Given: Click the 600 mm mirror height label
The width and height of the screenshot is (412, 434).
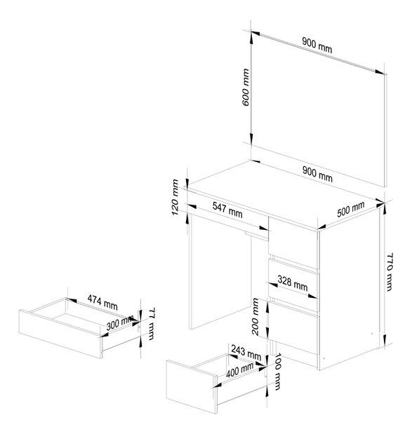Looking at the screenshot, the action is click(x=246, y=87).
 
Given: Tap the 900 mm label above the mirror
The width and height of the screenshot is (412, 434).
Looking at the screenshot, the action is click(x=317, y=46).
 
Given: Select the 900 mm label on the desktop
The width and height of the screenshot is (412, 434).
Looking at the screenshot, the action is click(x=317, y=175).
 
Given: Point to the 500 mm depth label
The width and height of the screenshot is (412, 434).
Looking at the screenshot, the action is click(x=350, y=209).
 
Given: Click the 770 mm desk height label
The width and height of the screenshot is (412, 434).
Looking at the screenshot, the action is click(x=390, y=271).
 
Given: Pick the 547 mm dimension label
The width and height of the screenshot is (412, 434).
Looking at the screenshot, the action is click(x=227, y=210).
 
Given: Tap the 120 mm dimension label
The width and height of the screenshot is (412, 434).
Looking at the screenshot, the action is click(x=175, y=197).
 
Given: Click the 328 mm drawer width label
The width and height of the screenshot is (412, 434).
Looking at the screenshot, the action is click(x=293, y=283).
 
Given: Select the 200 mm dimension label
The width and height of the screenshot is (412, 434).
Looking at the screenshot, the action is click(x=255, y=316).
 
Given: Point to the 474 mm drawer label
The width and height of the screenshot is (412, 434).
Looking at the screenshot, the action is click(x=102, y=302).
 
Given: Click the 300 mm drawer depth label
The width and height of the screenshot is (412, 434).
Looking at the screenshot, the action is click(x=120, y=323).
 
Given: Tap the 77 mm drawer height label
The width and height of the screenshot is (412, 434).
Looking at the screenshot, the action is click(x=152, y=323).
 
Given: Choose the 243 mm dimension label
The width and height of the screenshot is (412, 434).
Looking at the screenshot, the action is click(x=246, y=353).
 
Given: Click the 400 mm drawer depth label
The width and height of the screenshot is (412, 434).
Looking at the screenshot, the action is click(x=240, y=370).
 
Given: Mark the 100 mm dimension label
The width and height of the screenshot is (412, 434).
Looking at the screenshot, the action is click(x=277, y=372).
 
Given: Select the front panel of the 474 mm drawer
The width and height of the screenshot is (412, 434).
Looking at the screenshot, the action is click(x=60, y=334).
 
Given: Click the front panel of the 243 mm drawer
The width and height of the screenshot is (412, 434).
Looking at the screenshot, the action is click(x=192, y=386).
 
